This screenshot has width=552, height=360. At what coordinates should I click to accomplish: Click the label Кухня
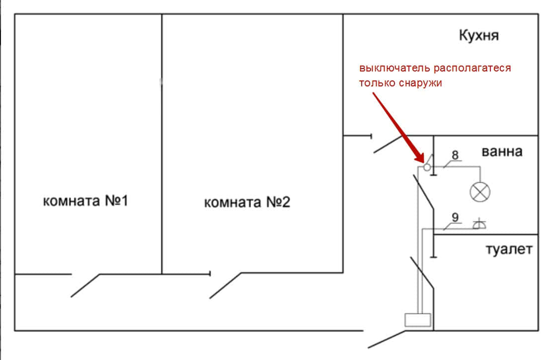click(478, 36)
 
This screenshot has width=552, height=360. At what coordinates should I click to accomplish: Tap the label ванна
click(502, 151)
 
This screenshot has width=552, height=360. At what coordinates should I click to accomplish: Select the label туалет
click(508, 249)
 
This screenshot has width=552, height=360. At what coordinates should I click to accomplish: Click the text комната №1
click(86, 201)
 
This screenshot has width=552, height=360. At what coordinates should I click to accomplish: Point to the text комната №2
click(247, 203)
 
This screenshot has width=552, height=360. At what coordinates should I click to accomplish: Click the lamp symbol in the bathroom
click(480, 192)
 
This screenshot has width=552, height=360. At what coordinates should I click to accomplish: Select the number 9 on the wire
click(455, 216)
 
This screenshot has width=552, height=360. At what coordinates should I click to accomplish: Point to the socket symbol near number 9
click(479, 224)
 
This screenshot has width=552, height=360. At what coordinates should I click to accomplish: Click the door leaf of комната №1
click(85, 286)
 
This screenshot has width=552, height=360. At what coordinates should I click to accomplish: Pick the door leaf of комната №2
click(226, 286)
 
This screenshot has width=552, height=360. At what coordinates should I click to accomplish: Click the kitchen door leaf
click(388, 144)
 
